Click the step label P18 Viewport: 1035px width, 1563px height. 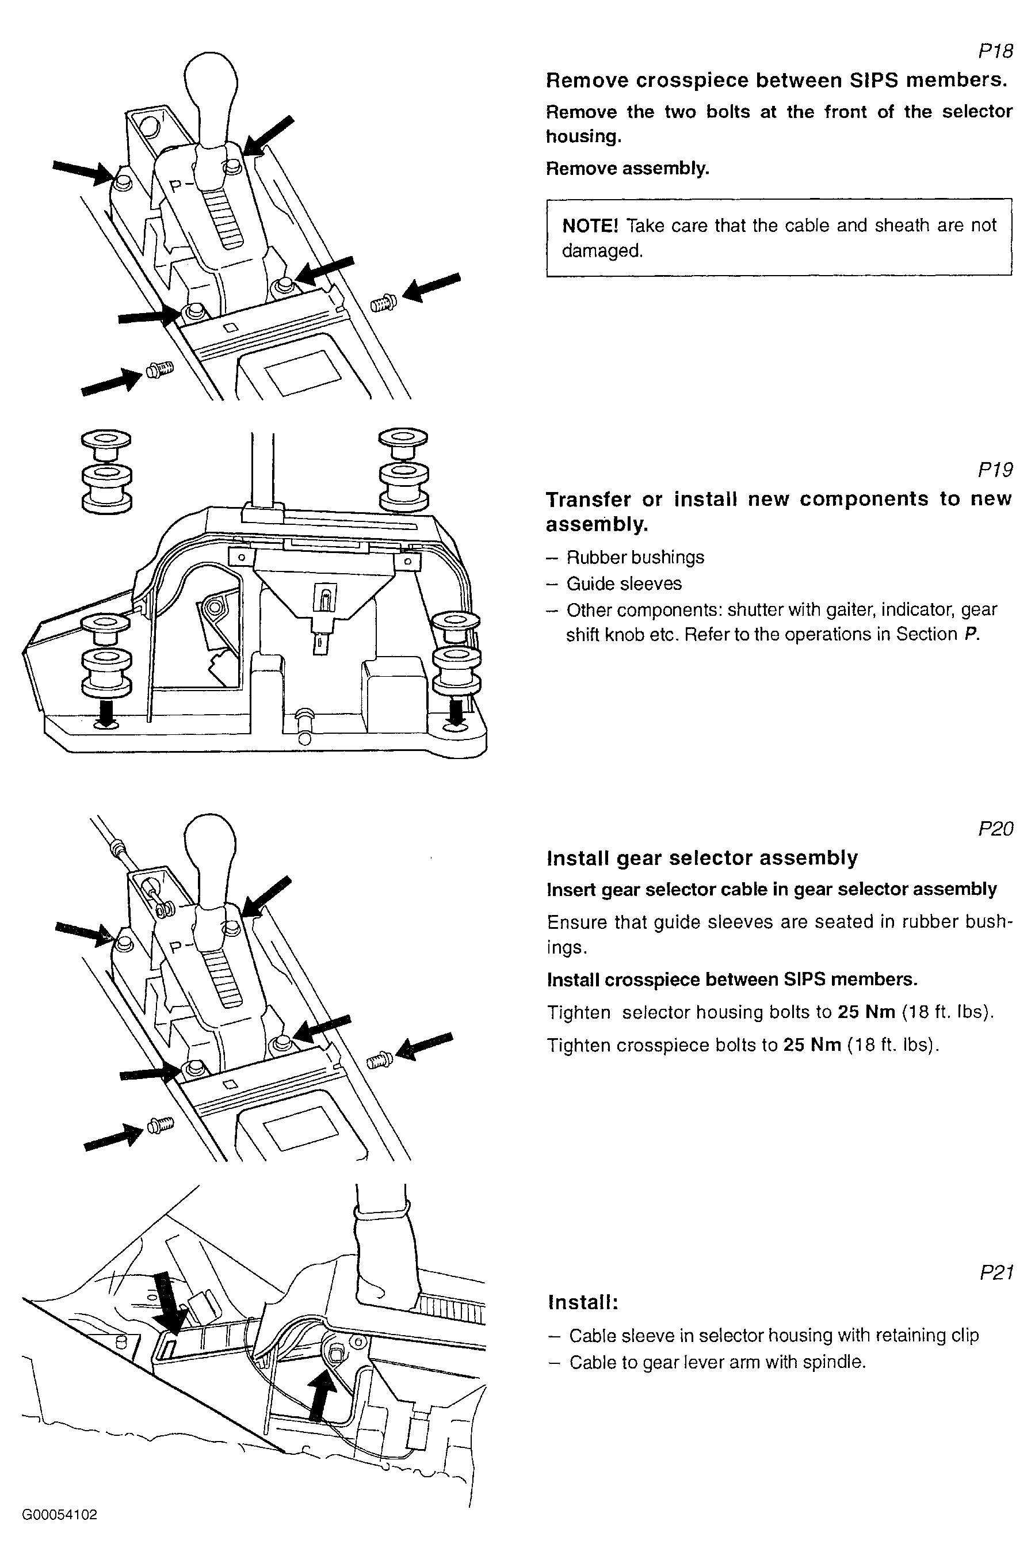pyautogui.click(x=995, y=51)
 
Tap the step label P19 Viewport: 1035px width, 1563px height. pyautogui.click(x=995, y=470)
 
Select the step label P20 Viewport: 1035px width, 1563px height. pyautogui.click(x=995, y=829)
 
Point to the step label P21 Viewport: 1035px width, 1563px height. pyautogui.click(x=995, y=1272)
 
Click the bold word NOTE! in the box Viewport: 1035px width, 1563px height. pyautogui.click(x=590, y=226)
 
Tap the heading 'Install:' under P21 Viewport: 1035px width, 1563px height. pyautogui.click(x=583, y=1302)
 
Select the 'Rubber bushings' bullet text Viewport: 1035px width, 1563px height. pyautogui.click(x=635, y=558)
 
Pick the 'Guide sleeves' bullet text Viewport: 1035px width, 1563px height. pyautogui.click(x=624, y=584)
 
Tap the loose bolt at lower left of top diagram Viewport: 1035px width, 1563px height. pyautogui.click(x=159, y=369)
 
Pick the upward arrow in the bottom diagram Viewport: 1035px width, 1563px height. pyautogui.click(x=322, y=1393)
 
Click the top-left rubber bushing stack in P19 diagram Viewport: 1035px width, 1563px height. pyautogui.click(x=106, y=471)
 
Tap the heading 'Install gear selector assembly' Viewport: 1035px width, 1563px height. pyautogui.click(x=702, y=858)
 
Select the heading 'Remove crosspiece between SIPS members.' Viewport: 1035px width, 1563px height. pyautogui.click(x=776, y=81)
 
